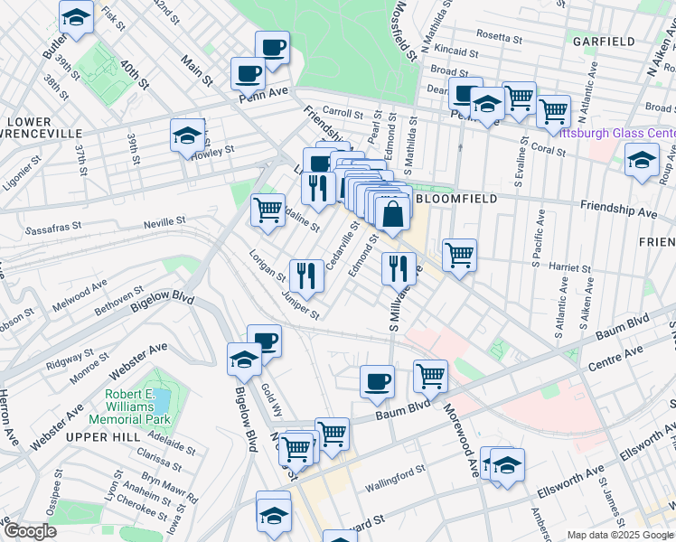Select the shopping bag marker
click(393, 215)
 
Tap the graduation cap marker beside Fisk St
click(77, 16)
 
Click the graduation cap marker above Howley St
click(187, 135)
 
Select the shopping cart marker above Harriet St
click(460, 255)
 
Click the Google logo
click(30, 531)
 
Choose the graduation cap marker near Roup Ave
click(642, 160)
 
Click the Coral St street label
click(548, 149)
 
